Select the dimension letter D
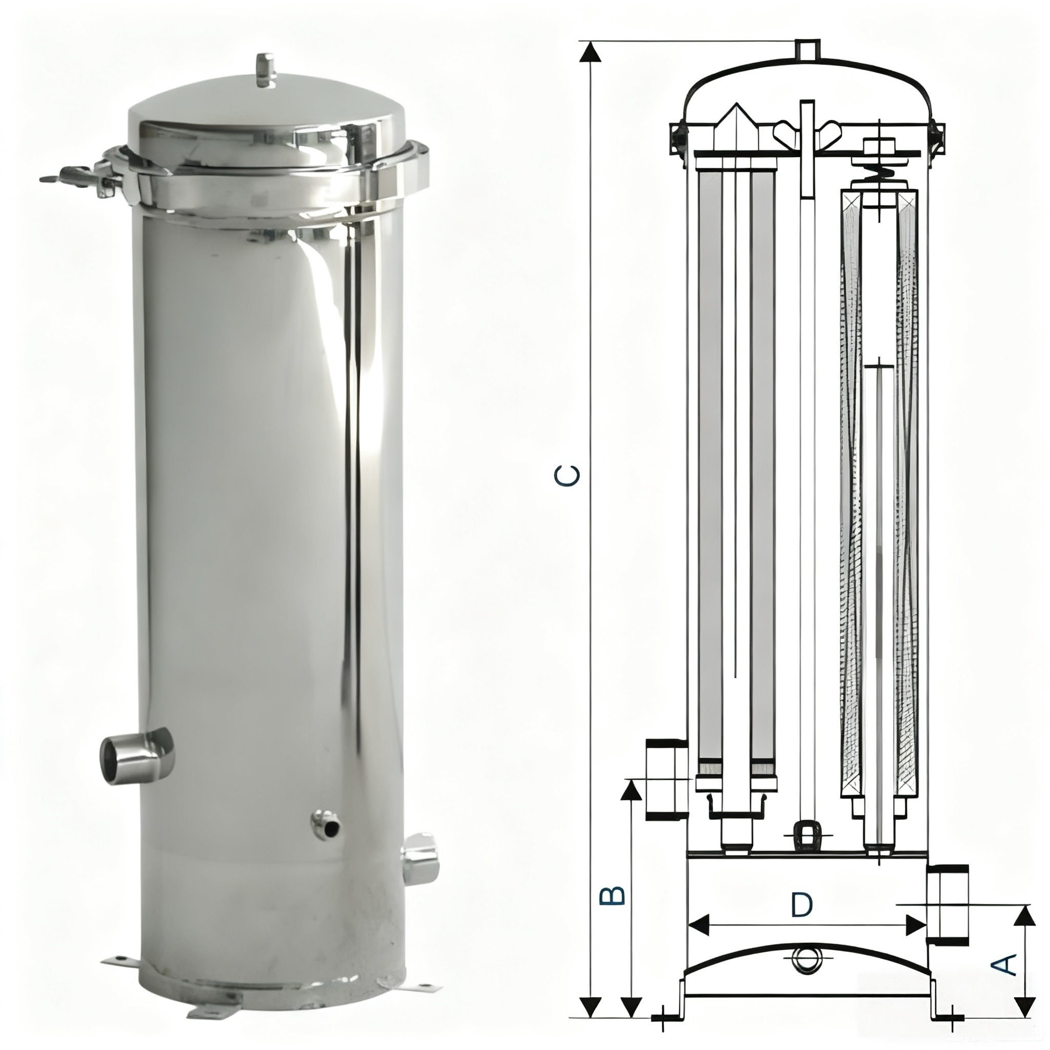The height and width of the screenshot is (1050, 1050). (x=801, y=905)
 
